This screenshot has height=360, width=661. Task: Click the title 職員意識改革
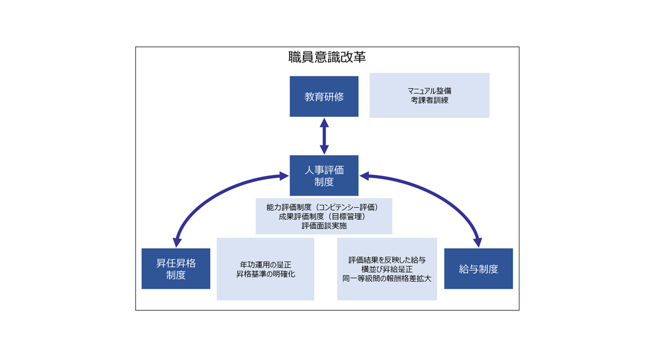[327, 57]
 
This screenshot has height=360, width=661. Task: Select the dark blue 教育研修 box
[324, 97]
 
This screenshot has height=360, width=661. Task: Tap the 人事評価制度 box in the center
[324, 175]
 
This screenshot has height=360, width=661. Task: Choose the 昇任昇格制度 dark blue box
[176, 269]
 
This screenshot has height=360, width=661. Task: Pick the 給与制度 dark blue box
[478, 269]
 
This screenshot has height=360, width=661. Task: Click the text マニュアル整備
[429, 91]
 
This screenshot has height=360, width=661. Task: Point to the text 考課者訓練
[429, 100]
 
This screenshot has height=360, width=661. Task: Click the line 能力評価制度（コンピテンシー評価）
[324, 207]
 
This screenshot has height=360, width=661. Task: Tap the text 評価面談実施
[324, 226]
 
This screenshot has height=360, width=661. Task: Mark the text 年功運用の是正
[266, 265]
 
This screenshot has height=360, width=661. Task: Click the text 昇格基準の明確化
[266, 274]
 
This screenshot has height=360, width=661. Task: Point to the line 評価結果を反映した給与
[387, 260]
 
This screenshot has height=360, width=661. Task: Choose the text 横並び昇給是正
[387, 269]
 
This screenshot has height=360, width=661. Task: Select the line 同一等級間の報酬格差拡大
[387, 279]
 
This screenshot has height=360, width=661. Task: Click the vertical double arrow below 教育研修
[324, 136]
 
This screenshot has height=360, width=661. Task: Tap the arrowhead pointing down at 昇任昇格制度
[177, 242]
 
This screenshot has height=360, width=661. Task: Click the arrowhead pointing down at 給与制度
[478, 242]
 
